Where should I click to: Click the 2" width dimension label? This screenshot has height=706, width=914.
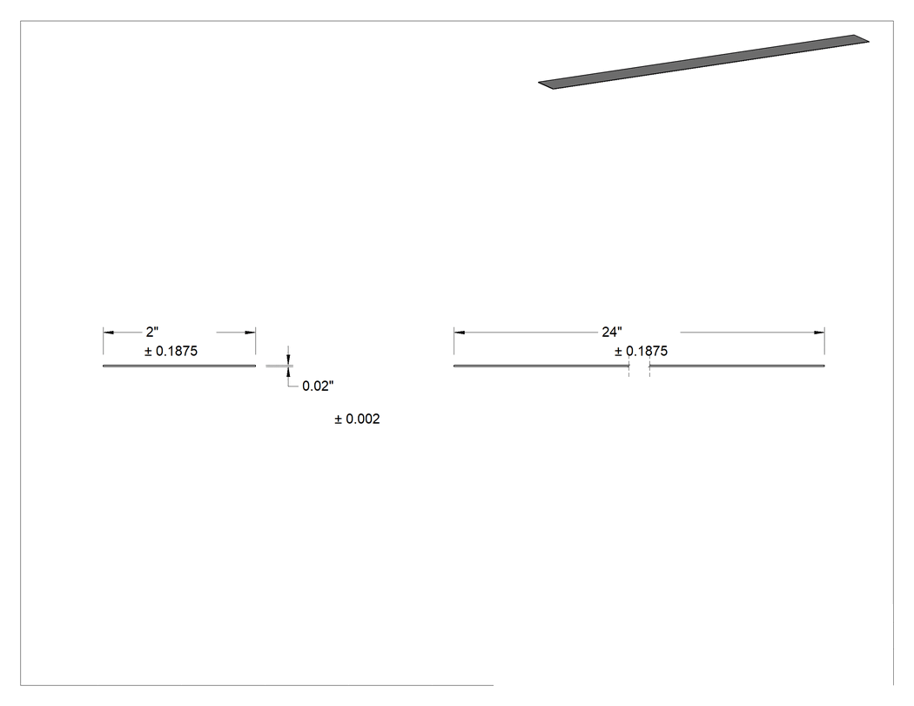(152, 332)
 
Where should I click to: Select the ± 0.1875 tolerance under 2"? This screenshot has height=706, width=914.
(171, 351)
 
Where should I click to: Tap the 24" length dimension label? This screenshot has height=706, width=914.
(611, 332)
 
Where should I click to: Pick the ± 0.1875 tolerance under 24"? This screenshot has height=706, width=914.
(641, 351)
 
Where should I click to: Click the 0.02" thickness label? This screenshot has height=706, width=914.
(318, 386)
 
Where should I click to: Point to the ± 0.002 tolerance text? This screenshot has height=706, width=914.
(357, 420)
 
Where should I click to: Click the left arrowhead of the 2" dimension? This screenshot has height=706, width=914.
(109, 333)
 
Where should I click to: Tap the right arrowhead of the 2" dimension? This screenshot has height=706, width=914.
(250, 333)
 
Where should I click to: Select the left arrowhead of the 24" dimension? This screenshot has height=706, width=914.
(460, 333)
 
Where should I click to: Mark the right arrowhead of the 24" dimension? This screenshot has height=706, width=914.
(819, 333)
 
